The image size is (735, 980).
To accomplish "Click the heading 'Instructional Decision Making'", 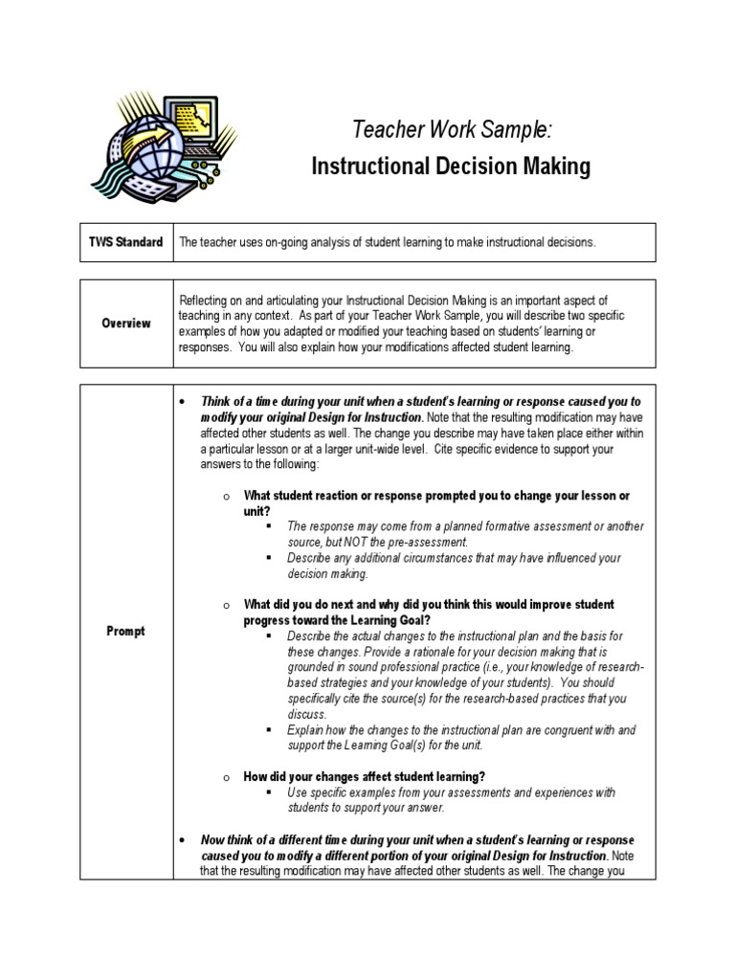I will click(451, 167).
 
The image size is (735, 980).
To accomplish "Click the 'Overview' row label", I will click(127, 323).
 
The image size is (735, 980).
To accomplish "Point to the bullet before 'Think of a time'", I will click(183, 403).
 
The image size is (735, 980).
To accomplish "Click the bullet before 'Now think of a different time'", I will click(183, 839).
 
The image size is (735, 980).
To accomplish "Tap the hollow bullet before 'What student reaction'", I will click(223, 496).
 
